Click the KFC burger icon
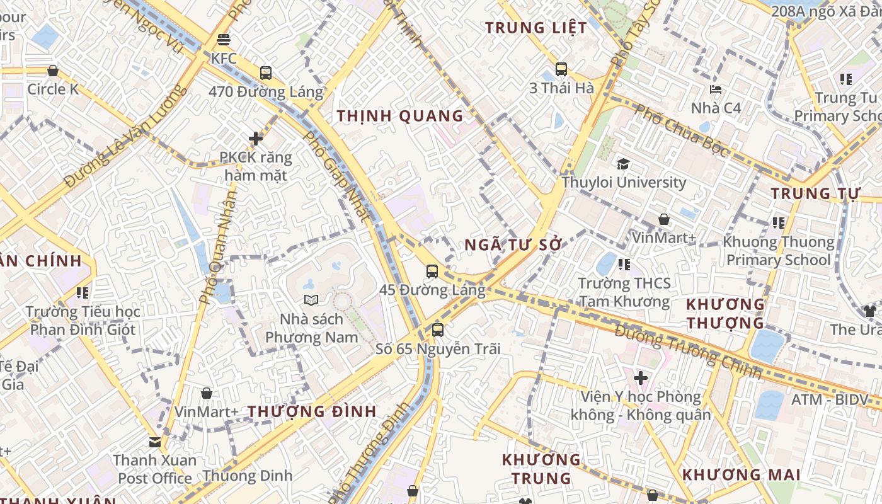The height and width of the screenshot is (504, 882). click(x=223, y=40)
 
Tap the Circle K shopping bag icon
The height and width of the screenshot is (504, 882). click(x=53, y=71)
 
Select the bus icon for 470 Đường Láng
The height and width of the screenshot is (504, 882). click(x=266, y=73)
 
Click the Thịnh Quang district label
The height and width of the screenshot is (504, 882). click(x=400, y=116)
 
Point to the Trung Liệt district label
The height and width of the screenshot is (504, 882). click(x=533, y=28)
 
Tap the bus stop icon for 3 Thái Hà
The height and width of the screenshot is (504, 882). click(x=561, y=69)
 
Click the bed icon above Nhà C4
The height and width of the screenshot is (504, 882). click(x=716, y=89)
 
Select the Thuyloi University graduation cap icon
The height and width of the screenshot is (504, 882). click(x=624, y=164)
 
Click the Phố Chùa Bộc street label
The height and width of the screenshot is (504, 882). click(x=682, y=131)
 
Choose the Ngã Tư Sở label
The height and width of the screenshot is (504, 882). click(x=513, y=245)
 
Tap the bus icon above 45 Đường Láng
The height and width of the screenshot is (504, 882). click(x=432, y=272)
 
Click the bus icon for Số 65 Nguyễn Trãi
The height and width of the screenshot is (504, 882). click(x=438, y=329)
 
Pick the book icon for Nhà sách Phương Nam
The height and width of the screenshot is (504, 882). click(x=311, y=300)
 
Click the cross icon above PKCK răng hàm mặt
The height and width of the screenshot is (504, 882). click(x=256, y=139)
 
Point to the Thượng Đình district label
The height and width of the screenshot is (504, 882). click(x=312, y=411)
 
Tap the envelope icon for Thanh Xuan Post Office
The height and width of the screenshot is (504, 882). click(x=155, y=442)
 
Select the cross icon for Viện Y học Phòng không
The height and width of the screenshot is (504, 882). click(x=641, y=378)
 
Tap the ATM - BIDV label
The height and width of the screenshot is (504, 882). click(x=829, y=400)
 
